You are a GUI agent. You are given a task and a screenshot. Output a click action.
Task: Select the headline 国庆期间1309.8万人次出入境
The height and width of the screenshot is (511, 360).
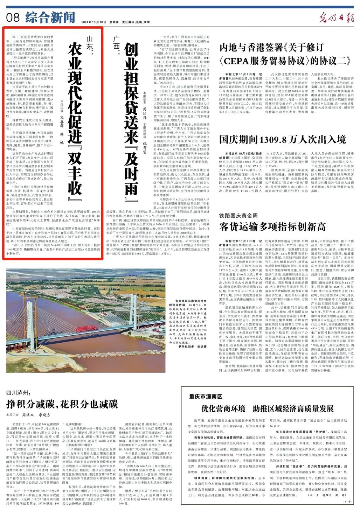[282, 139]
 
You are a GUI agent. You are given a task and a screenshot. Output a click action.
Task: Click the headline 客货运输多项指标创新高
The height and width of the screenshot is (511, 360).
[272, 226]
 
